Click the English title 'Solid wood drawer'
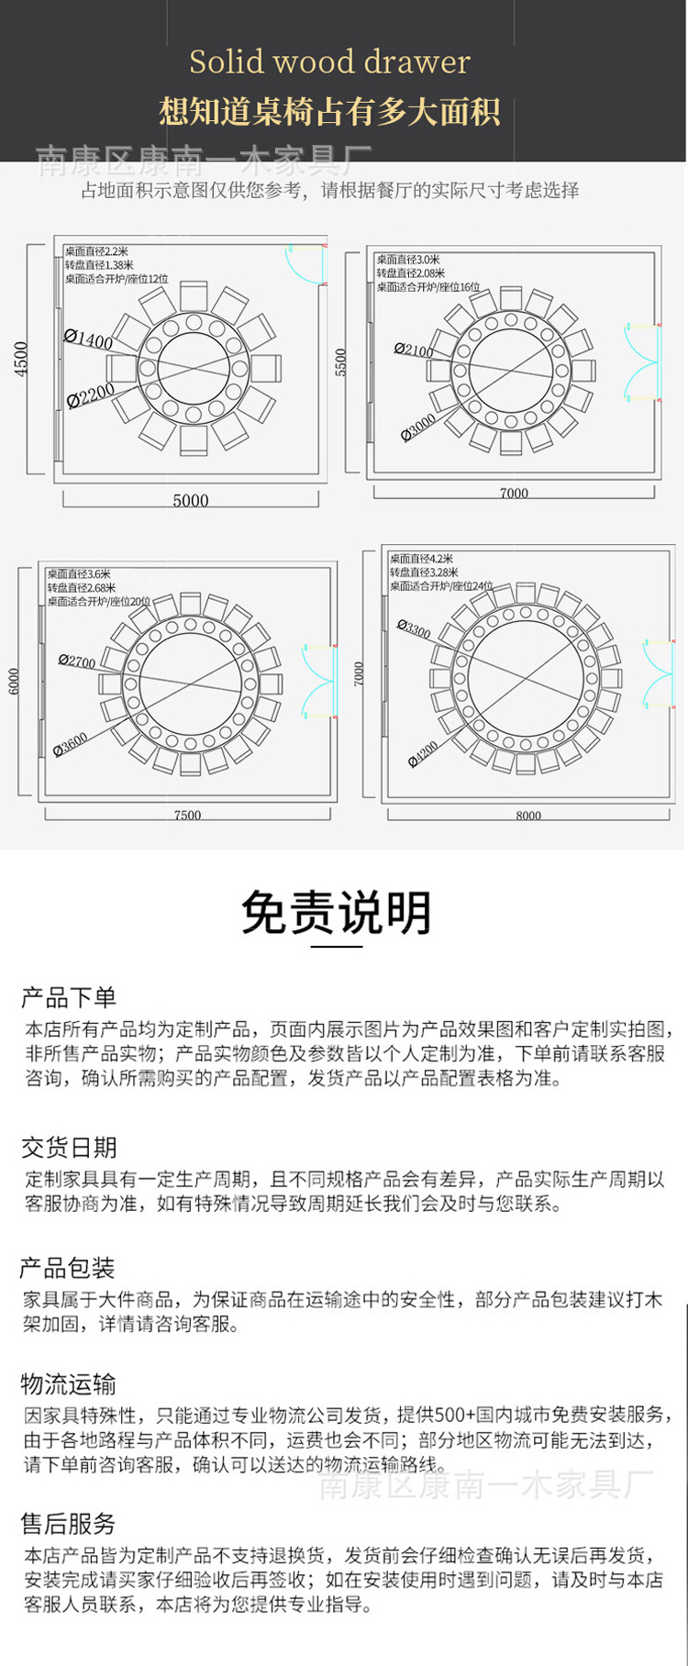click(x=329, y=62)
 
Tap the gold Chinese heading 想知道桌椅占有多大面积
click(x=329, y=112)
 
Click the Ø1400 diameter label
click(x=89, y=339)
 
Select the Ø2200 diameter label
click(x=91, y=395)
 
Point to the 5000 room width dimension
click(x=191, y=500)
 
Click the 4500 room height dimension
click(x=21, y=358)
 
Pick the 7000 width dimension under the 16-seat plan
click(x=514, y=493)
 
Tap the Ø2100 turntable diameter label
click(x=414, y=350)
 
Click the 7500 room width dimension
click(x=187, y=815)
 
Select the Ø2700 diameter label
click(x=77, y=661)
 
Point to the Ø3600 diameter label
click(x=71, y=744)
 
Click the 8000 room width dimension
click(x=528, y=815)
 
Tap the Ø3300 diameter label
click(x=414, y=628)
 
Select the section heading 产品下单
click(x=69, y=997)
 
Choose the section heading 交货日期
click(x=69, y=1147)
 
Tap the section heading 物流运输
click(x=69, y=1383)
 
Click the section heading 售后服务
click(x=69, y=1524)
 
